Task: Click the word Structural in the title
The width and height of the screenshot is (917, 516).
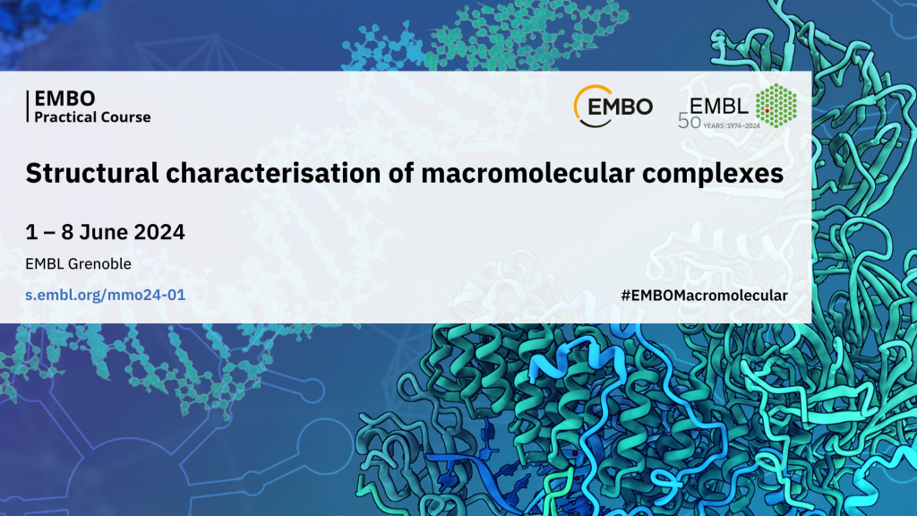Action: pos(92,173)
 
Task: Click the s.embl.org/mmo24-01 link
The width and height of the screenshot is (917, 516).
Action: pos(106,295)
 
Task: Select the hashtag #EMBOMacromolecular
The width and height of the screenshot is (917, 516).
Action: pos(704,296)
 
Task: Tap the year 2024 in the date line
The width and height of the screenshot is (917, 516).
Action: pos(159,232)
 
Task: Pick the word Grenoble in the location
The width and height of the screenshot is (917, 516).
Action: pos(99,264)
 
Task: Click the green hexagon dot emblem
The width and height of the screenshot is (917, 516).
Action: pos(776,106)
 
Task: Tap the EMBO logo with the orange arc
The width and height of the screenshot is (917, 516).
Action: pos(613,107)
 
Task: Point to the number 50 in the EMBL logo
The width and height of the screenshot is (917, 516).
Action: pos(690,122)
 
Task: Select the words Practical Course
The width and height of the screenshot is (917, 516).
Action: pos(92,117)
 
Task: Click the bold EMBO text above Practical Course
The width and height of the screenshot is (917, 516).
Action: pos(64,99)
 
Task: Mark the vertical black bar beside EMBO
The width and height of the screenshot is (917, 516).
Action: pos(27,107)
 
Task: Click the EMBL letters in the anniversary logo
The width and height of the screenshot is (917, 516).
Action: pos(719,106)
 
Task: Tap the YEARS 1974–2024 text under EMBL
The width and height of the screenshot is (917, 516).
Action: pos(732,125)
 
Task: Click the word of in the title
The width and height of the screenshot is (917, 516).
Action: pos(401,173)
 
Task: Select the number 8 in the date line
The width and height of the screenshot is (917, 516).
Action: pos(67,232)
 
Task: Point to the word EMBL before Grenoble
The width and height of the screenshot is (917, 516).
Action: pos(45,264)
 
